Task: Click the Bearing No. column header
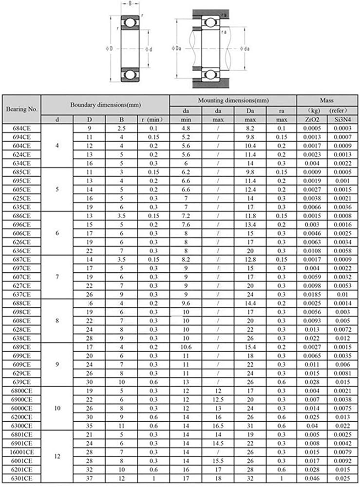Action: [x=21, y=109]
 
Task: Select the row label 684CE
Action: [x=21, y=128]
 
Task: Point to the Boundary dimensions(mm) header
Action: [x=105, y=105]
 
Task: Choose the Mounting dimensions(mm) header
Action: [x=233, y=100]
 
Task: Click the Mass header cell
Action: [x=327, y=100]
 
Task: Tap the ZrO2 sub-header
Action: [x=312, y=119]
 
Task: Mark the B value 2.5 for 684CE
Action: [x=121, y=128]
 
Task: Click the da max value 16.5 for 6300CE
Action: [x=218, y=426]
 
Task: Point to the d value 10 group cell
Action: [x=57, y=408]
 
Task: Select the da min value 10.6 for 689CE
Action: [x=186, y=347]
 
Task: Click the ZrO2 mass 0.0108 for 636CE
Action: [x=312, y=251]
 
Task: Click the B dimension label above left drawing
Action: [x=130, y=4]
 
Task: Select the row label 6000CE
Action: [x=21, y=408]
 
